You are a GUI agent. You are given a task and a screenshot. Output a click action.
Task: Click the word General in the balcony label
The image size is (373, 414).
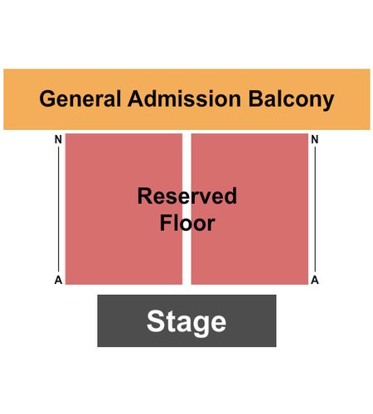pyautogui.click(x=80, y=99)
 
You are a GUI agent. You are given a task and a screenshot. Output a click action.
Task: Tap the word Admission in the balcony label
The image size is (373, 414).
pyautogui.click(x=184, y=99)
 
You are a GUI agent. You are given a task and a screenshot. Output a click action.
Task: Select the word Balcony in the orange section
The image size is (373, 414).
pyautogui.click(x=291, y=99)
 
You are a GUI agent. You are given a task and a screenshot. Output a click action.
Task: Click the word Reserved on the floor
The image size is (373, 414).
pyautogui.click(x=187, y=195)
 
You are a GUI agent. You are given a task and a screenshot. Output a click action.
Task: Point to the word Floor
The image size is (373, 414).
pyautogui.click(x=187, y=223)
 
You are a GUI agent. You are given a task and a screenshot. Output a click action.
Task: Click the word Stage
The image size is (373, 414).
pyautogui.click(x=186, y=322)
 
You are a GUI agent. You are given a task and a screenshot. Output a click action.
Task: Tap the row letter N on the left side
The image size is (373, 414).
pyautogui.click(x=58, y=139)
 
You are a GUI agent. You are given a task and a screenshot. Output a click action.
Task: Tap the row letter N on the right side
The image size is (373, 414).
pyautogui.click(x=315, y=139)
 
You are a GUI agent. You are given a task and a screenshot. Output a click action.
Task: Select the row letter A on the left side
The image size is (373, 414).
pyautogui.click(x=58, y=280)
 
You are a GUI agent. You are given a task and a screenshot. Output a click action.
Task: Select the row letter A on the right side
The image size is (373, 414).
pyautogui.click(x=315, y=280)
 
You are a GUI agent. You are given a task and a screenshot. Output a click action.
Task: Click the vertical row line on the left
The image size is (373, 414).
pyautogui.click(x=58, y=209)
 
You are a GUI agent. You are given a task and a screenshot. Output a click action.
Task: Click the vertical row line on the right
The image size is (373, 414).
pyautogui.click(x=315, y=209)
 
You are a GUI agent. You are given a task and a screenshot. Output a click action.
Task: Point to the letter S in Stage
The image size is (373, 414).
pyautogui.click(x=155, y=320)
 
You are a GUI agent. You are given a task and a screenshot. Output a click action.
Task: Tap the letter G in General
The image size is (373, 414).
pyautogui.click(x=46, y=99)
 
